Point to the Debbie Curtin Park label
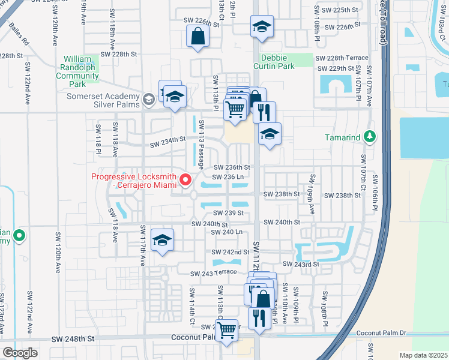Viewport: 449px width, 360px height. click(277, 62)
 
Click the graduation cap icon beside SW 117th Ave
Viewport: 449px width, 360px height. click(163, 240)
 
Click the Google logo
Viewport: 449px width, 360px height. click(19, 352)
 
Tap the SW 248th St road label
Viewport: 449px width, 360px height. click(74, 339)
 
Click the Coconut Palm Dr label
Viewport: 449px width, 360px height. click(381, 333)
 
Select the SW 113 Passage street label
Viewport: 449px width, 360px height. click(202, 144)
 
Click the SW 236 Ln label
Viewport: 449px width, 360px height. click(229, 177)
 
